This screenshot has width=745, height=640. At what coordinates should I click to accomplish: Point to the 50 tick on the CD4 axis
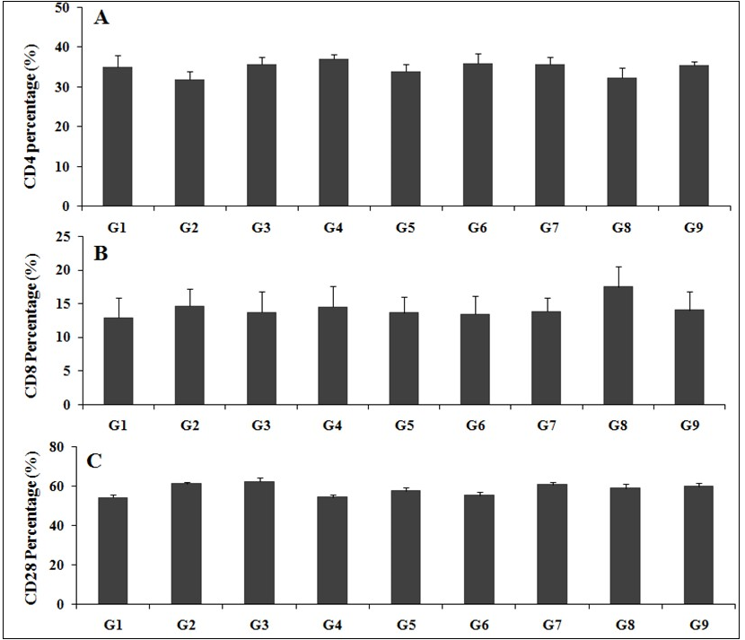click(x=62, y=7)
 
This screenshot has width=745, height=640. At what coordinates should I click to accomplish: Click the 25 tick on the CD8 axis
click(x=62, y=237)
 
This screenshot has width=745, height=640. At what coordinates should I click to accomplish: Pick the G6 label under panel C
click(x=477, y=621)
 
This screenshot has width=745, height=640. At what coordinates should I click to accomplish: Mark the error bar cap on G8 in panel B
click(x=618, y=267)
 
